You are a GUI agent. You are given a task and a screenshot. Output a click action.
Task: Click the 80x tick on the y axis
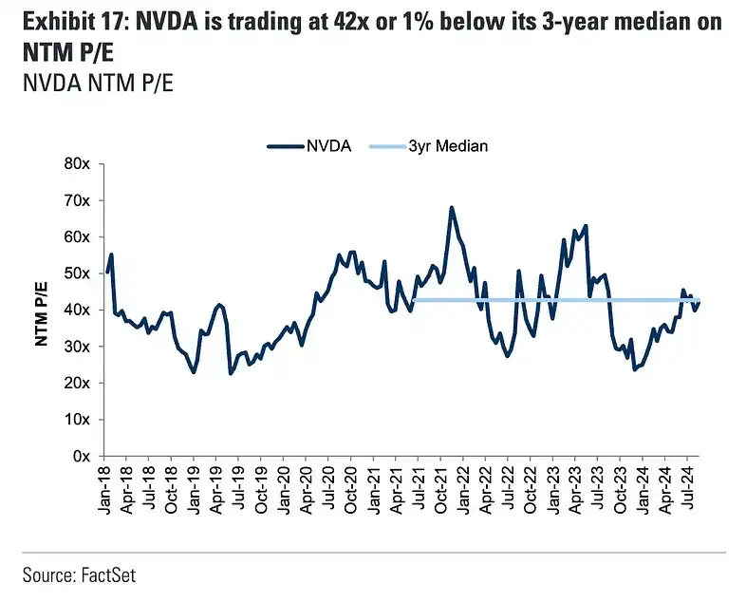[75, 163]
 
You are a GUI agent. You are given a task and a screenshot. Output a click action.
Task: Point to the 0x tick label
[79, 456]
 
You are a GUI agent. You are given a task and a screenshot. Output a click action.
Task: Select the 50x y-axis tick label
[75, 273]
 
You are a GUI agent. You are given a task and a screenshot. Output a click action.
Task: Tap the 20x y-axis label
[75, 383]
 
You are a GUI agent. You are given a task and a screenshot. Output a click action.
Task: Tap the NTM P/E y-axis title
[42, 310]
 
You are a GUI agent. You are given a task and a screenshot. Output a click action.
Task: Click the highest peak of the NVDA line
[451, 207]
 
